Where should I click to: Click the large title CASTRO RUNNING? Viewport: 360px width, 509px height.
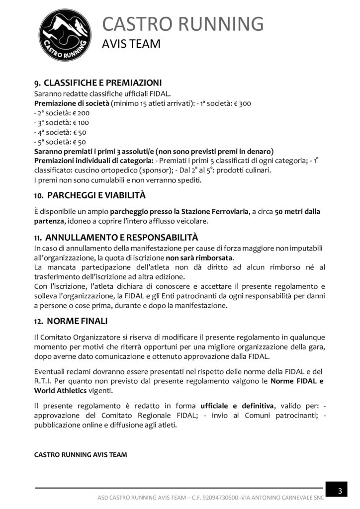[x=183, y=24]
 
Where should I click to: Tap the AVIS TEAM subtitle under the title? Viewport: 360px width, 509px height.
[x=131, y=45]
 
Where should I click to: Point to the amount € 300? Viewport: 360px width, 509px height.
[x=243, y=103]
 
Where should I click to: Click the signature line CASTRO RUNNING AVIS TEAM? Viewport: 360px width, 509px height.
[x=80, y=454]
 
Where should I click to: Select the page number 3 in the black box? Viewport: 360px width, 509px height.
[x=340, y=491]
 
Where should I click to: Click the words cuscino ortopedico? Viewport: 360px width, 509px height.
[x=94, y=170]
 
